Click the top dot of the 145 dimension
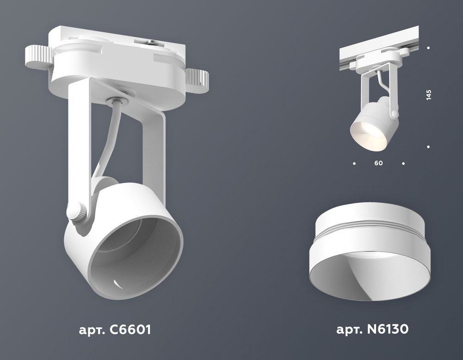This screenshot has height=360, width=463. tap(429, 48)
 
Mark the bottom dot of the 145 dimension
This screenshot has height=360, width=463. tap(429, 147)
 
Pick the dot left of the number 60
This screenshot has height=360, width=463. tap(354, 163)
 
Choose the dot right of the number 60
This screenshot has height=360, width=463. tap(404, 163)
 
